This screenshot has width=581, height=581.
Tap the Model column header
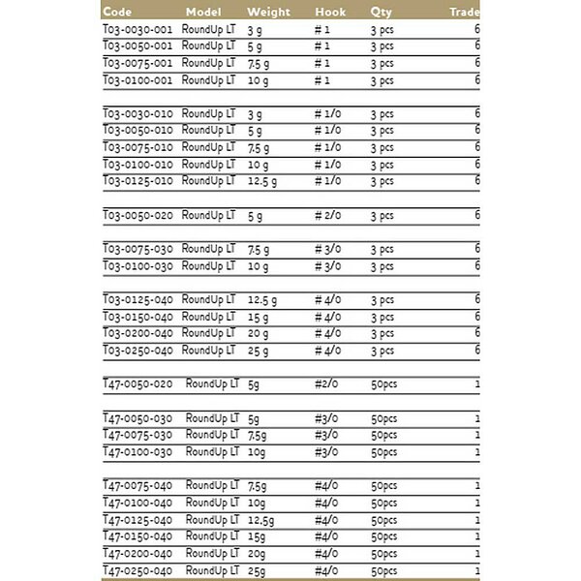(x=204, y=13)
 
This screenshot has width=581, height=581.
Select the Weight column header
(x=268, y=13)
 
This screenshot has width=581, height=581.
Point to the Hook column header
(x=330, y=13)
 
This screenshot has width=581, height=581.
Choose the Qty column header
(x=382, y=13)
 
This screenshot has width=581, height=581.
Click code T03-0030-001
(x=138, y=29)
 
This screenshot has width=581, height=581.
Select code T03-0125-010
(x=138, y=181)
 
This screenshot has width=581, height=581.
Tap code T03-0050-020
(x=138, y=215)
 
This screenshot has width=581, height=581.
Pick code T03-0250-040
(x=138, y=350)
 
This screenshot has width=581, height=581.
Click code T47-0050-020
(x=138, y=383)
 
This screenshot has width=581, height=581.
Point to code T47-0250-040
(x=138, y=569)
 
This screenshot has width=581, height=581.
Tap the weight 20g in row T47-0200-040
(x=258, y=553)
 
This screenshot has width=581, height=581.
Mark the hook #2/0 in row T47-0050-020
(x=326, y=383)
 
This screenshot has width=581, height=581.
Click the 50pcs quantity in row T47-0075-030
(x=384, y=435)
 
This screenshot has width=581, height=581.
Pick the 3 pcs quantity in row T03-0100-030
(x=382, y=265)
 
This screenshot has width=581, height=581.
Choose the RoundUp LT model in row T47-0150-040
(x=211, y=535)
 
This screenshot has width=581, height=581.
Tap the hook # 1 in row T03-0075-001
(x=322, y=63)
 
